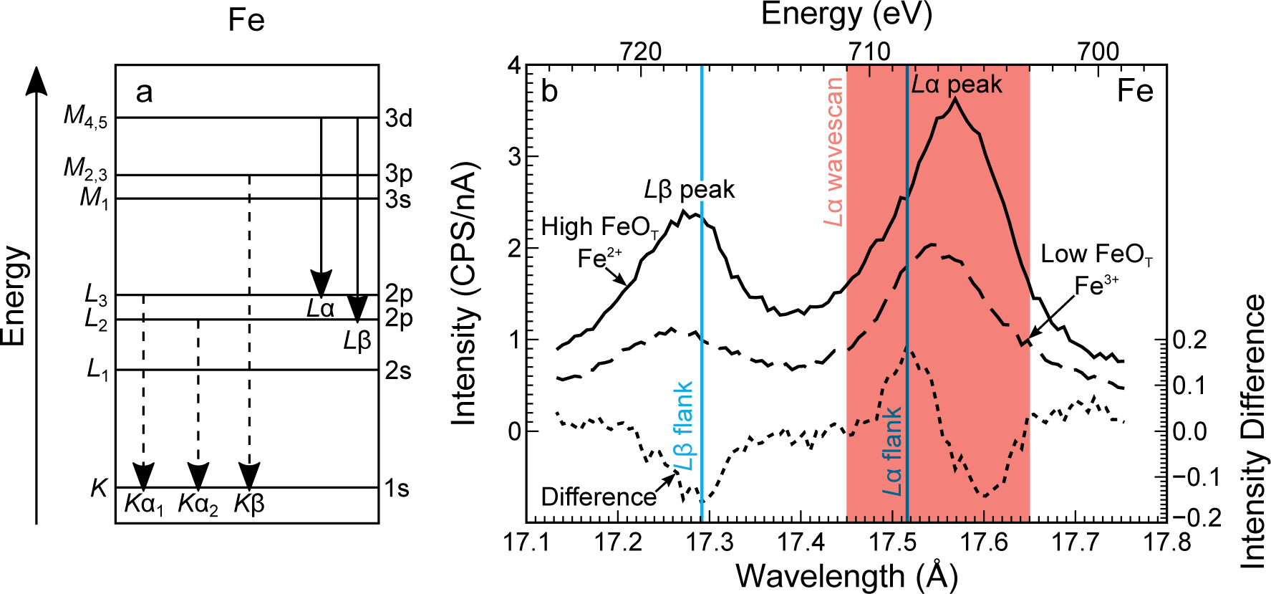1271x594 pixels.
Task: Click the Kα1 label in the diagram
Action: (144, 504)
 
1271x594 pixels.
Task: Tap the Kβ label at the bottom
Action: (249, 504)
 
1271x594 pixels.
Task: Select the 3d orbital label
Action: (399, 118)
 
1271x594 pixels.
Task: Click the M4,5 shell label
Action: (85, 116)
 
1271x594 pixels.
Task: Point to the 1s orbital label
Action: (397, 489)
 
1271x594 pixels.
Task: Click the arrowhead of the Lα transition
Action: (321, 284)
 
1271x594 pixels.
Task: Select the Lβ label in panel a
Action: (357, 341)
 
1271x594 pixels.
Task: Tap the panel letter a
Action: (144, 92)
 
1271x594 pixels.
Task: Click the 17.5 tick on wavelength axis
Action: (892, 542)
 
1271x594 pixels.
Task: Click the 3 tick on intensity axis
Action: (514, 157)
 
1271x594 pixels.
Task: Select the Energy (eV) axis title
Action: (846, 14)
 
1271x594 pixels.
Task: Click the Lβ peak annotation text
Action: (689, 190)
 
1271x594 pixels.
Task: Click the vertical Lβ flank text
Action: (685, 426)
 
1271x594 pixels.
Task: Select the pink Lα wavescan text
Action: (833, 152)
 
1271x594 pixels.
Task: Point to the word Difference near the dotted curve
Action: (599, 497)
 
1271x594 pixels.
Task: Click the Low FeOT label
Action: (1096, 254)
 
